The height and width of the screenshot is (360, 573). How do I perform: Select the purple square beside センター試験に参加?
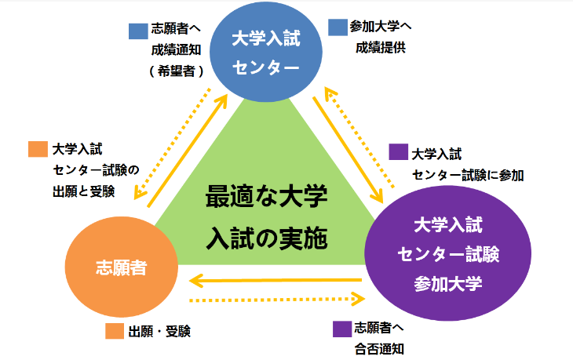(398, 152)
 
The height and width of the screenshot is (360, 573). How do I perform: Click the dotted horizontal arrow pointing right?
(279, 299)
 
